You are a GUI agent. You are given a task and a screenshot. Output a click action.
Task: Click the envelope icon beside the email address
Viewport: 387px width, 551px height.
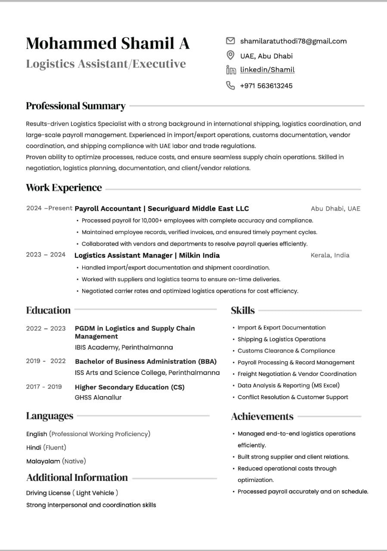click(x=230, y=41)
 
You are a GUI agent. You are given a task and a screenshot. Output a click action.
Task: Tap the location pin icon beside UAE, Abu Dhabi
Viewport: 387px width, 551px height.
click(x=230, y=55)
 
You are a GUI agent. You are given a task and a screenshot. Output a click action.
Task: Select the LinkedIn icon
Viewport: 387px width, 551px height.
click(x=231, y=70)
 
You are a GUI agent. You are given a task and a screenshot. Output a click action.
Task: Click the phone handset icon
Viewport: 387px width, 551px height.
click(x=230, y=85)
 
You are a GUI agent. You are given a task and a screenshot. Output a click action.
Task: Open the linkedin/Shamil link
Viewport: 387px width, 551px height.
click(x=267, y=70)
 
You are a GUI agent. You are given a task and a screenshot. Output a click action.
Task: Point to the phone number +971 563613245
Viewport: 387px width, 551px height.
click(x=266, y=86)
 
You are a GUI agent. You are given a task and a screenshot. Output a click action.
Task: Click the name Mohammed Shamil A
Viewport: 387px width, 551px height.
click(x=108, y=43)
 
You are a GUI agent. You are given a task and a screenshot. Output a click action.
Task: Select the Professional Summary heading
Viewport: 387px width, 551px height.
click(x=76, y=106)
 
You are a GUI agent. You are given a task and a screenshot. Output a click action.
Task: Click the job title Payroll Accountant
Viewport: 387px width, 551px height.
click(x=108, y=209)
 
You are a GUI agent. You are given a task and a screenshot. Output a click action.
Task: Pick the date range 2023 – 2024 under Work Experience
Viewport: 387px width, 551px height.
click(x=46, y=254)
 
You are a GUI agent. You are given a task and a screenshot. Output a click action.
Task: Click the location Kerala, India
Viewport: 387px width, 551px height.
click(x=330, y=255)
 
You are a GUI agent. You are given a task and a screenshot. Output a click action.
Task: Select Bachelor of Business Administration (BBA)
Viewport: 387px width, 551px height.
click(x=146, y=362)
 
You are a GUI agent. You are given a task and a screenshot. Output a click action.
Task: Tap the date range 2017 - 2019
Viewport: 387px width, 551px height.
click(x=44, y=387)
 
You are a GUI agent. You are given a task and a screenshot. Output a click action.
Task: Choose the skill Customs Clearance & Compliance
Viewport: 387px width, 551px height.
click(x=286, y=351)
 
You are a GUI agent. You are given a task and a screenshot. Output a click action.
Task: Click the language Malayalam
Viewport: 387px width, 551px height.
click(x=43, y=461)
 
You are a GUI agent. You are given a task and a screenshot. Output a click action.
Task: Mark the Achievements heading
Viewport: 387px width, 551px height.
click(x=262, y=416)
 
